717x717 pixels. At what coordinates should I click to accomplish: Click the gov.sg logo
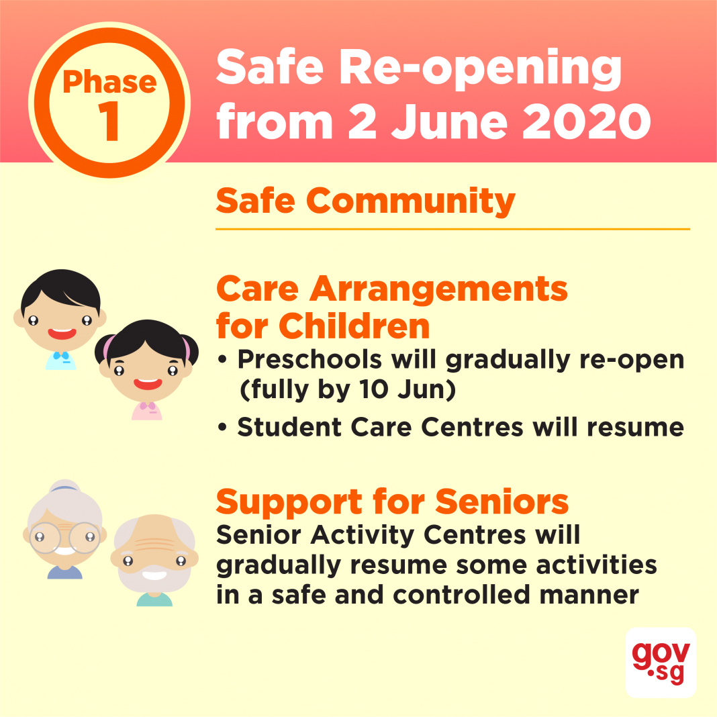tap(661, 663)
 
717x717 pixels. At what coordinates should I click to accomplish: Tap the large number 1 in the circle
tap(109, 121)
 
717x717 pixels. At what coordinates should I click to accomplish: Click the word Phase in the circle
tap(109, 83)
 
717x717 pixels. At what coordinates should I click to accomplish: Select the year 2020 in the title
tap(587, 121)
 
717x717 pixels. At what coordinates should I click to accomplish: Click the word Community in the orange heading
tap(411, 201)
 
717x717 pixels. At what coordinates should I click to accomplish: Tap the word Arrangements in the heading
tap(438, 290)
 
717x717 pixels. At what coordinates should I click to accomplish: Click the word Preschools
tap(309, 359)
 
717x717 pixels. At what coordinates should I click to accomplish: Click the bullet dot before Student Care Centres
tap(222, 428)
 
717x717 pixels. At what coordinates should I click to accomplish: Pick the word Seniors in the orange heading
tap(501, 502)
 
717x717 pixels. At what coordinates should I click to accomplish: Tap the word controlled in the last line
tap(462, 594)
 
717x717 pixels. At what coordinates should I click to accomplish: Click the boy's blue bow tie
tap(61, 355)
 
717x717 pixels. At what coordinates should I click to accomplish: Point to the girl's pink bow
tap(147, 405)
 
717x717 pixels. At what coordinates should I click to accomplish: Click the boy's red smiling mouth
tap(62, 334)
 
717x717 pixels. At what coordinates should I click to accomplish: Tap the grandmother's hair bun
tap(65, 485)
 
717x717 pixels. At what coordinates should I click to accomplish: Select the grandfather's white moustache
tap(154, 573)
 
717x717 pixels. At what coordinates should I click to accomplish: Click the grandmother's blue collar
tap(65, 572)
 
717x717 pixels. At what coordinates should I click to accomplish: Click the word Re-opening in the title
tap(479, 68)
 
